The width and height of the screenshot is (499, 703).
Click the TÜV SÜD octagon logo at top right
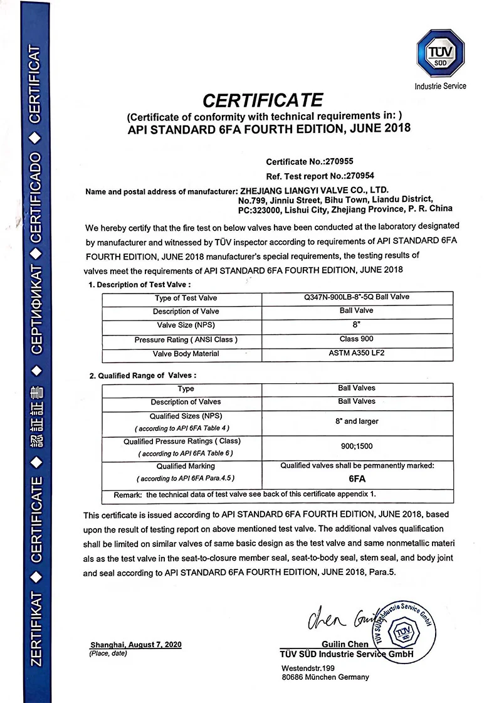pos(440,55)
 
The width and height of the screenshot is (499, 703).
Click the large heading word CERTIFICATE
pos(262,100)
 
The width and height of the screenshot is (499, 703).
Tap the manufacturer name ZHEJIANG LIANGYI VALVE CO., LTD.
pos(311,189)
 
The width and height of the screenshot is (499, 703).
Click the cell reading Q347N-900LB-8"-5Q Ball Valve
pos(356,297)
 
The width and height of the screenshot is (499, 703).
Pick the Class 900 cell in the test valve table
pos(356,339)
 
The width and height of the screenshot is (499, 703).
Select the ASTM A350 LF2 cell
pos(356,354)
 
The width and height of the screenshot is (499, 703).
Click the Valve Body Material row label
pos(186,354)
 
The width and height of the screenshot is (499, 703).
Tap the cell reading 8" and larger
pos(356,421)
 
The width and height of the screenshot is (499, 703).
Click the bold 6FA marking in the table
pos(356,477)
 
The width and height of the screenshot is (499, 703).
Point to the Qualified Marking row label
pos(186,466)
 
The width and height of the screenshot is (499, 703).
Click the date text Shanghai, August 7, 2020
pos(135,645)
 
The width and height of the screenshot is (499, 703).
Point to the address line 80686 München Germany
pos(325,677)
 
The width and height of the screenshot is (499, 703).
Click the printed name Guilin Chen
pos(345,645)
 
